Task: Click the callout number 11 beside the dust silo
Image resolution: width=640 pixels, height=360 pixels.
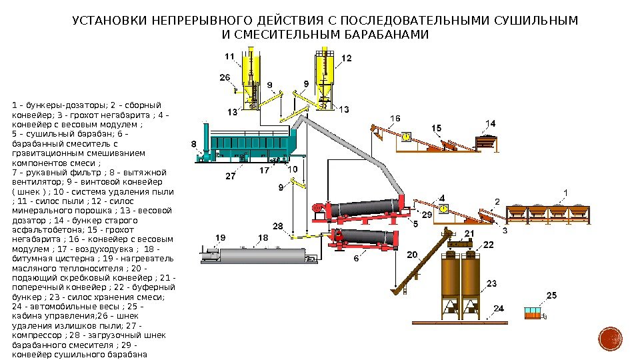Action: tap(229, 57)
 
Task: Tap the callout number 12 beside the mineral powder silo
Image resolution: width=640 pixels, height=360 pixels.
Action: tap(346, 59)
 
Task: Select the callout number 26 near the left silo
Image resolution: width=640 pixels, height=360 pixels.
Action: tap(225, 77)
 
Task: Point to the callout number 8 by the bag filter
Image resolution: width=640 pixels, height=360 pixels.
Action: tap(193, 143)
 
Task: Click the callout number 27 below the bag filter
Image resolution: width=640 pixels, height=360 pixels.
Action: tap(230, 177)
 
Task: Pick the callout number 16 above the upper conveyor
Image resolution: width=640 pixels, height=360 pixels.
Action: tap(395, 119)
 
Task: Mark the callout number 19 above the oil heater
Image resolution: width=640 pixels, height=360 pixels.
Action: tap(221, 238)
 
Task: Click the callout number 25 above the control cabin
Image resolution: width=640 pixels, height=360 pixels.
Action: tap(551, 295)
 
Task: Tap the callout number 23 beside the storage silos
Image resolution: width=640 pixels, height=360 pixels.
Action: tap(491, 283)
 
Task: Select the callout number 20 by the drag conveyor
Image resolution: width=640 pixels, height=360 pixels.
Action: tap(412, 255)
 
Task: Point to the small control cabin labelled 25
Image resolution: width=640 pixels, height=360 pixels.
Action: tap(533, 313)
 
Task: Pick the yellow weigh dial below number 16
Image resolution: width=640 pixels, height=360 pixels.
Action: tap(406, 137)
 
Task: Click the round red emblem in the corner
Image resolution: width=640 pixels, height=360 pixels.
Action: tap(610, 339)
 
